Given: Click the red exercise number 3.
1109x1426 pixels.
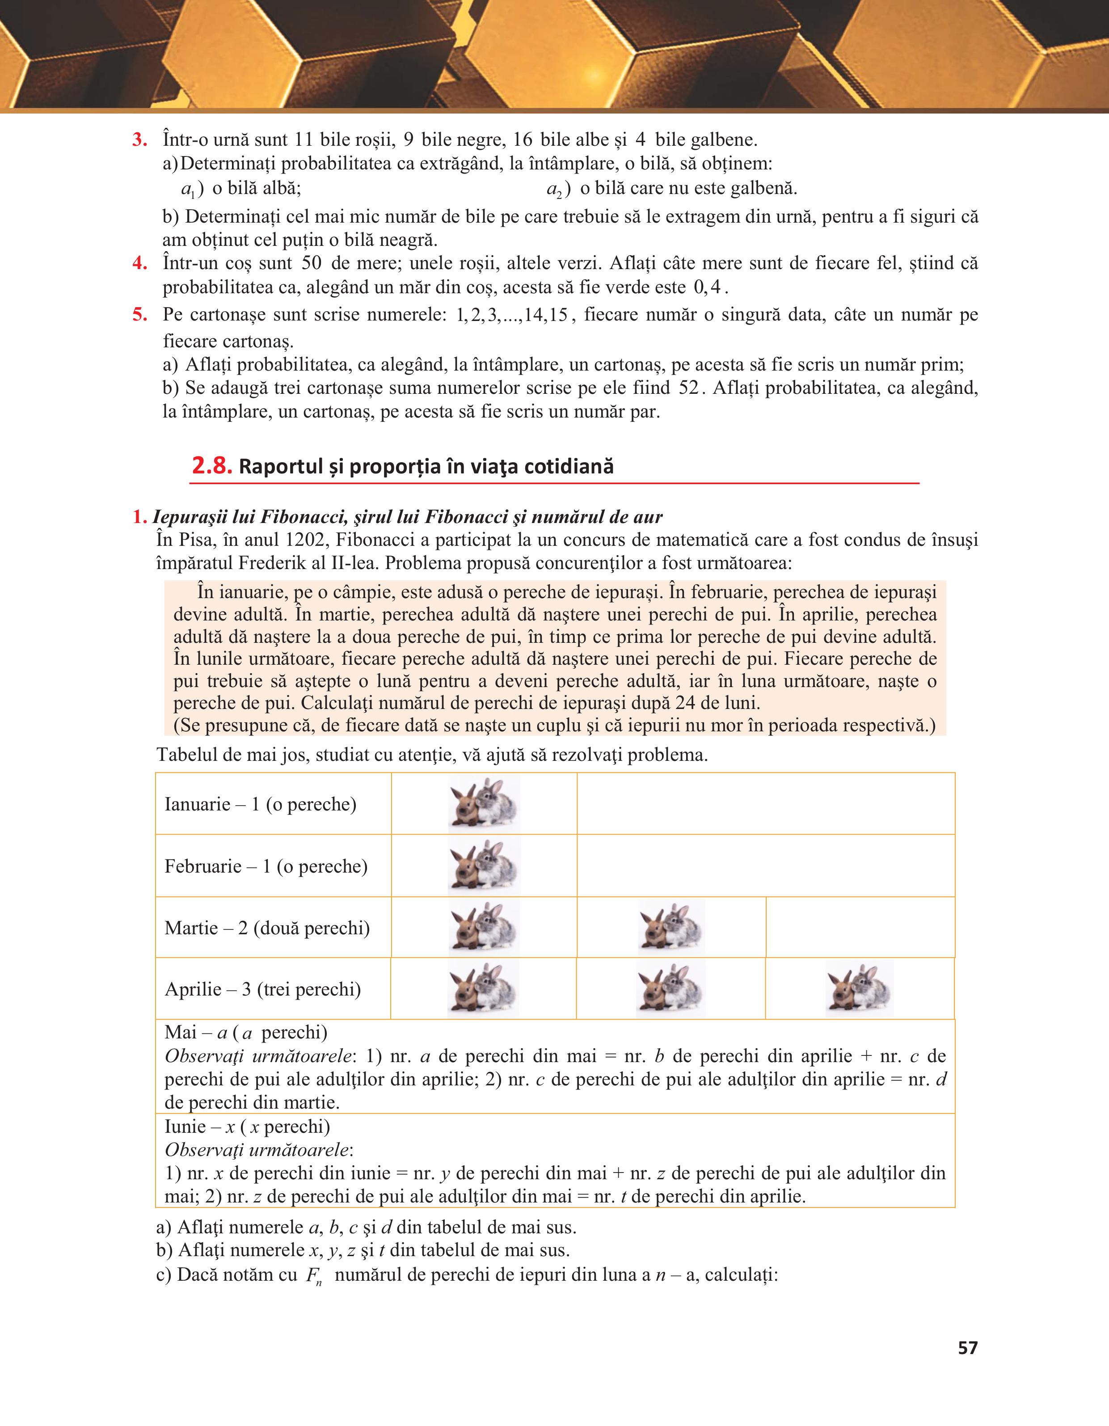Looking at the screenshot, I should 139,140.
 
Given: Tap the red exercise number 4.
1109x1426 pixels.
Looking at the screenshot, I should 139,263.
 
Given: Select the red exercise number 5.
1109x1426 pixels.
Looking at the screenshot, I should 139,315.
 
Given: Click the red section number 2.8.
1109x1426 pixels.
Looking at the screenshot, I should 211,466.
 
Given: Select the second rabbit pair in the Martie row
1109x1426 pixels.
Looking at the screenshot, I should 671,927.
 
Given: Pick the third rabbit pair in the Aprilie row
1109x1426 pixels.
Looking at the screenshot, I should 860,988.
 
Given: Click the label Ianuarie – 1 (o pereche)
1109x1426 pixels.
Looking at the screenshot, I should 261,804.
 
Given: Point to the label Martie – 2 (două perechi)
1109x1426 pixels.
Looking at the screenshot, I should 267,928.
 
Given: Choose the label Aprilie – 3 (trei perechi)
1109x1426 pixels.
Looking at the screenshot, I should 262,989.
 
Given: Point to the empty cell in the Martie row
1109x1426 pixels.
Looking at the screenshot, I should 860,927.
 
